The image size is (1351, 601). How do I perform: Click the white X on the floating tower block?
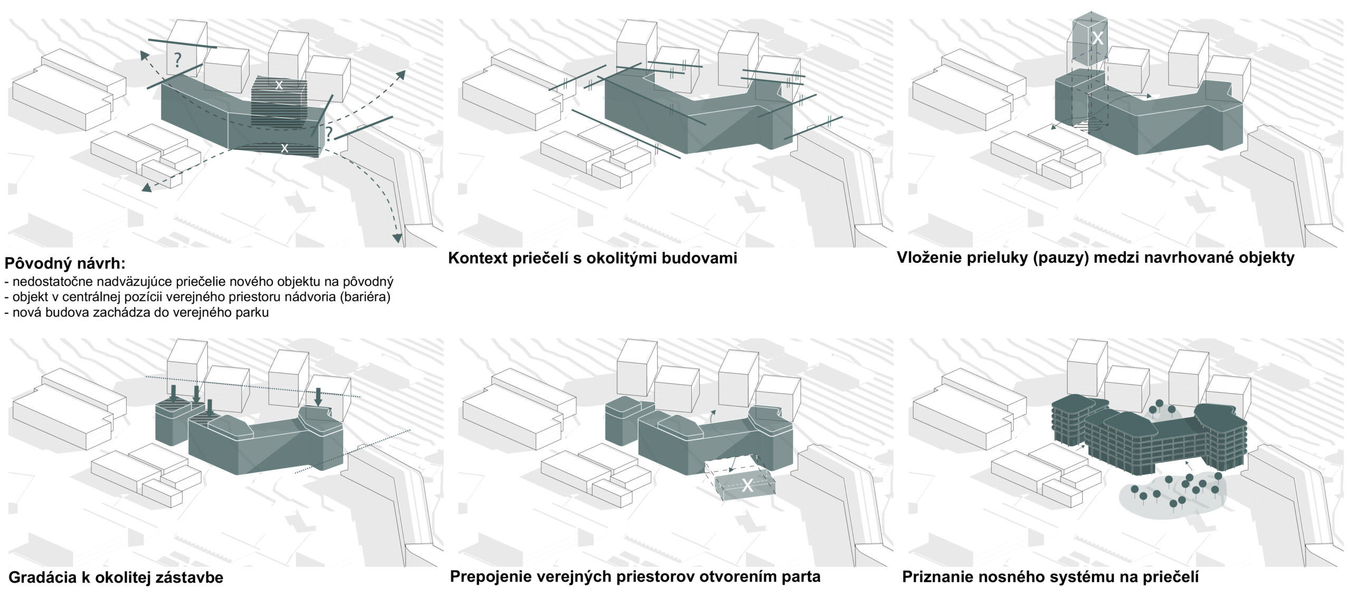[x=1097, y=38]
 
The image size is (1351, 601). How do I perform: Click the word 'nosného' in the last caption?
[x=1021, y=577]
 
